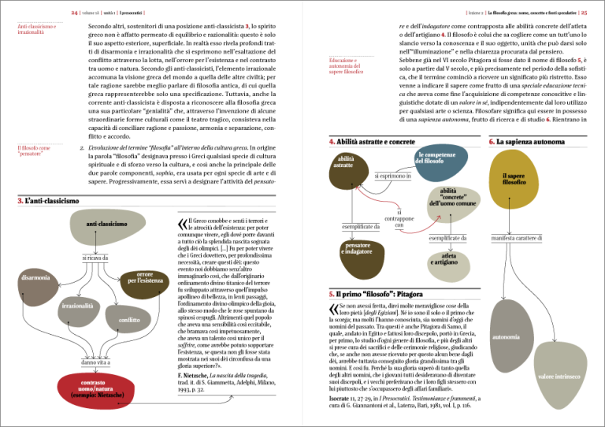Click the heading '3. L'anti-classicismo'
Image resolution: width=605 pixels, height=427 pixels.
click(x=48, y=202)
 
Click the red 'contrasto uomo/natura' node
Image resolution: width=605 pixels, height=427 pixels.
click(x=93, y=388)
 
